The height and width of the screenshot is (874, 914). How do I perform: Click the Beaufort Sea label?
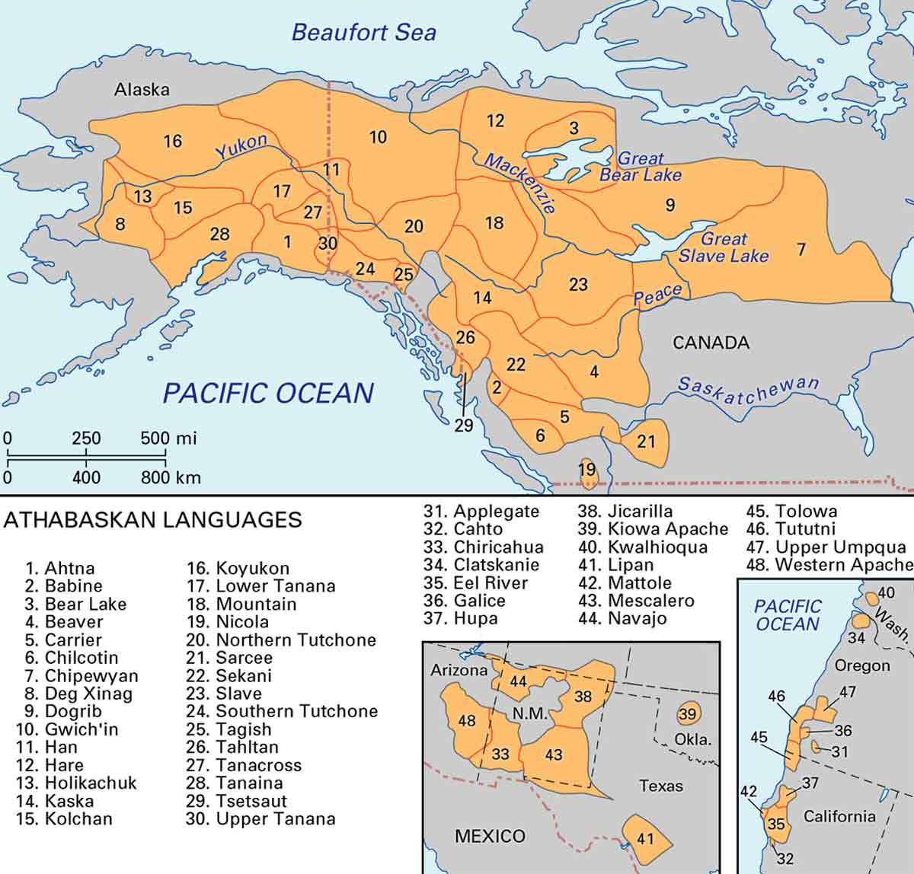(x=364, y=33)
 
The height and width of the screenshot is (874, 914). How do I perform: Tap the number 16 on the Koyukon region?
(x=173, y=141)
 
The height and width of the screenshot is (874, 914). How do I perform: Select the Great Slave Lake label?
(x=724, y=247)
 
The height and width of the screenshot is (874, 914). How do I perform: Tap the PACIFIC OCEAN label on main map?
(x=268, y=393)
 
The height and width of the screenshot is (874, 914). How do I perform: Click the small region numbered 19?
(x=586, y=470)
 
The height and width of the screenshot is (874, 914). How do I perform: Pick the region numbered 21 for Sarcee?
(x=646, y=441)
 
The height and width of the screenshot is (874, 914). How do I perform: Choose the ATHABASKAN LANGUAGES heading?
(x=153, y=520)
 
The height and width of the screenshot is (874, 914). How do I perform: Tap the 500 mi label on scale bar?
(x=168, y=439)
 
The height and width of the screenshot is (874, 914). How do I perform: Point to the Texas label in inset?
(x=660, y=786)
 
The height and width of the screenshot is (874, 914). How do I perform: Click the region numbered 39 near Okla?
(x=688, y=714)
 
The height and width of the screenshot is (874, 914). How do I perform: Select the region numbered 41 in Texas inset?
(x=645, y=839)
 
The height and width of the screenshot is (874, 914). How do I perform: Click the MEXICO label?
(x=490, y=836)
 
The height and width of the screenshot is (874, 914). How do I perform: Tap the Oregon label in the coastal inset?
(x=862, y=665)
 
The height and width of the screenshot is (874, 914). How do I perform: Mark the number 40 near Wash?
(x=886, y=592)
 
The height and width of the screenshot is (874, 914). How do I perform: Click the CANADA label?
(x=711, y=343)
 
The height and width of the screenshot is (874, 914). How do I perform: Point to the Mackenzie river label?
(x=521, y=183)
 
